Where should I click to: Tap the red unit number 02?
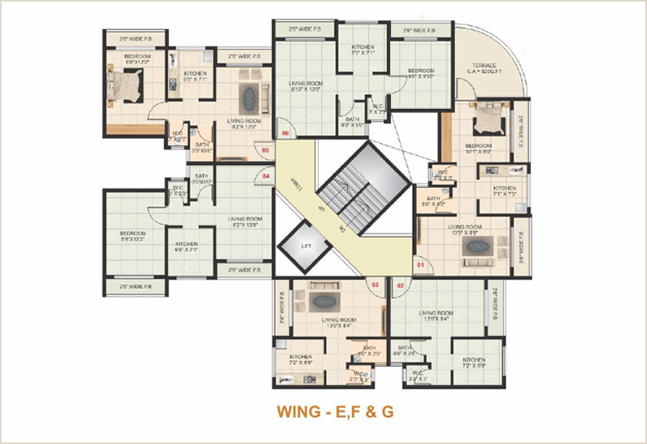400,285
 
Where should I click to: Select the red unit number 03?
376,285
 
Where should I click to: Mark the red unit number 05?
265,150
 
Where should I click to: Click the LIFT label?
306,245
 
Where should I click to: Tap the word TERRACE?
484,66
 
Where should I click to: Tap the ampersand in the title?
363,411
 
